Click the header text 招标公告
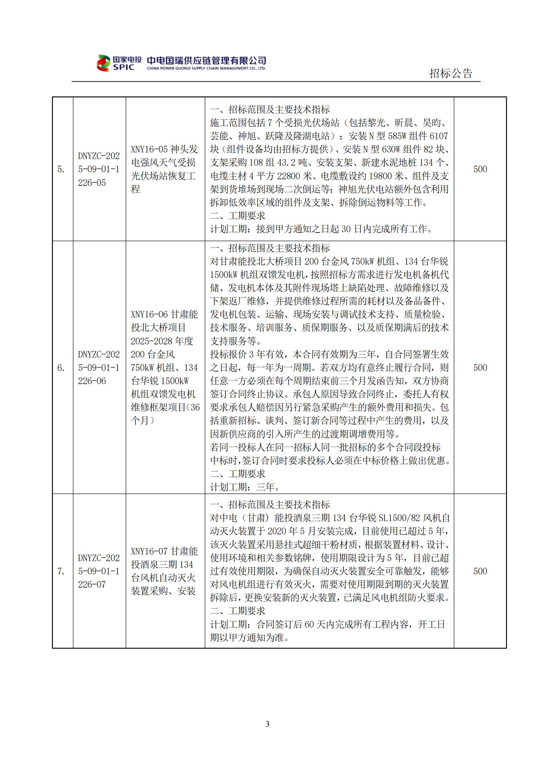pos(451,73)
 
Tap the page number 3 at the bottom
pos(268,724)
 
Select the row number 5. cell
pos(61,169)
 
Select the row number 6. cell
pos(61,367)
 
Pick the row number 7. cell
pos(61,571)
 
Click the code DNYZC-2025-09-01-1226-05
pos(99,169)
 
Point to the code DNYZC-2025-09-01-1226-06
pos(99,367)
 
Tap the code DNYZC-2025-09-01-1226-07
pos(99,571)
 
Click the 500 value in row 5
pos(480,169)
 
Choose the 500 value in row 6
pos(480,367)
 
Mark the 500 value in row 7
pos(480,571)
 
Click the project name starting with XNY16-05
pos(164,169)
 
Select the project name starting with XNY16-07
pos(164,571)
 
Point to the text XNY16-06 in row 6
pos(149,314)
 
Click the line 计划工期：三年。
pos(245,487)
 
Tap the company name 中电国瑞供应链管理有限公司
pos(206,60)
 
